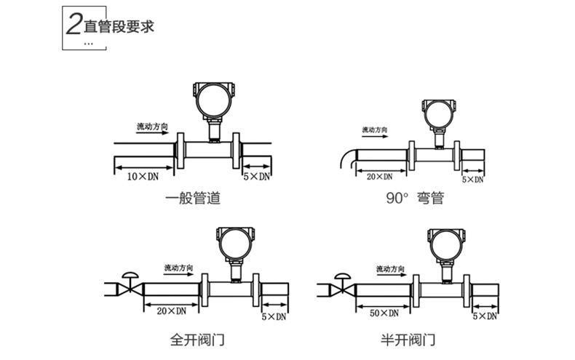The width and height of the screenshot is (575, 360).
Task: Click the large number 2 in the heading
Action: [74, 28]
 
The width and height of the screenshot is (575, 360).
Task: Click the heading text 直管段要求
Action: [119, 28]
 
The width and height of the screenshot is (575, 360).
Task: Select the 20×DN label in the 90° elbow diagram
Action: [379, 177]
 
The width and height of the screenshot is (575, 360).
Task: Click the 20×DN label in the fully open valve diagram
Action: [171, 311]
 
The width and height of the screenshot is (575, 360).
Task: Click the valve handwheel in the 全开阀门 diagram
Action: [132, 275]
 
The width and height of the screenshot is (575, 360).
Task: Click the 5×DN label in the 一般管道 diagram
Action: [256, 177]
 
